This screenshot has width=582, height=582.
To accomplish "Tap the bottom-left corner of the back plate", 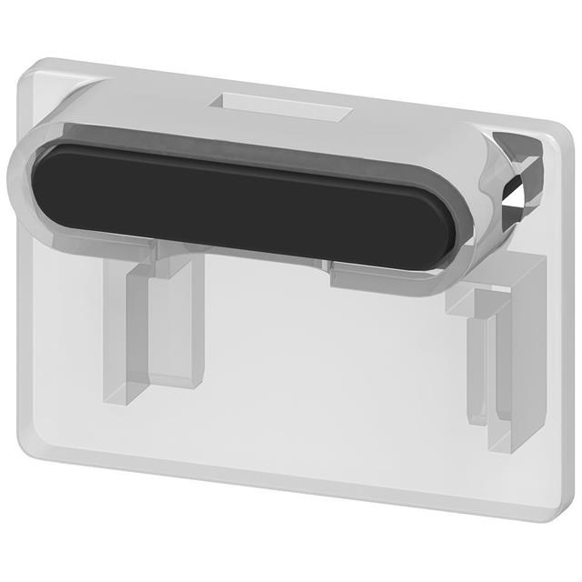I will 27,455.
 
